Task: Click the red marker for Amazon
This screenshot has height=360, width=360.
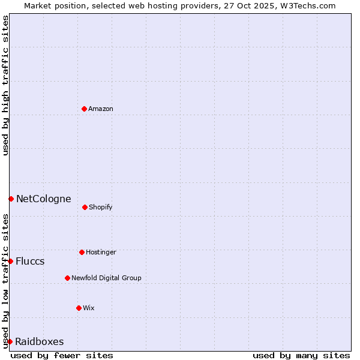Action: pyautogui.click(x=84, y=109)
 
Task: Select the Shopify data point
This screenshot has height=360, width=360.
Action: pyautogui.click(x=85, y=207)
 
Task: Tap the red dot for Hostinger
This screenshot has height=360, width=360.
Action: pyautogui.click(x=82, y=252)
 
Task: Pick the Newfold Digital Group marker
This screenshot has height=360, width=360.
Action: pyautogui.click(x=67, y=278)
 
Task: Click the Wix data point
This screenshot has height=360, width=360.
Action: pyautogui.click(x=79, y=308)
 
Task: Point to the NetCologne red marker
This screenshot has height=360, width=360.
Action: pyautogui.click(x=11, y=199)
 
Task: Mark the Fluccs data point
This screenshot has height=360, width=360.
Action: pyautogui.click(x=10, y=261)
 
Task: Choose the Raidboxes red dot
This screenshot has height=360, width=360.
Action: pyautogui.click(x=10, y=341)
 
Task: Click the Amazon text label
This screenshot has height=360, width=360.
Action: pyautogui.click(x=101, y=109)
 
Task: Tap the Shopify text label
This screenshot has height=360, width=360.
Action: pyautogui.click(x=101, y=207)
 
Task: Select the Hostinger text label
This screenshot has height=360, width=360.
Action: pyautogui.click(x=101, y=252)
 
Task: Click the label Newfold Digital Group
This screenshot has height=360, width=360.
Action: pyautogui.click(x=106, y=278)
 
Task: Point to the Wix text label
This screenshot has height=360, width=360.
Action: pyautogui.click(x=89, y=308)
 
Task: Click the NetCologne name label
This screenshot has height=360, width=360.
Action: pyautogui.click(x=43, y=199)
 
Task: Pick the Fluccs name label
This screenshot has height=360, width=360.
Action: pyautogui.click(x=30, y=261)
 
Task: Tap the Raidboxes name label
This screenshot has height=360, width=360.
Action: pyautogui.click(x=39, y=341)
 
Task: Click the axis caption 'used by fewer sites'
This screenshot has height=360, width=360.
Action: pyautogui.click(x=62, y=355)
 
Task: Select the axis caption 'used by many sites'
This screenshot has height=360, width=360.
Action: pyautogui.click(x=301, y=355)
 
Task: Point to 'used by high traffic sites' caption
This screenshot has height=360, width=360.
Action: pyautogui.click(x=5, y=85)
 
